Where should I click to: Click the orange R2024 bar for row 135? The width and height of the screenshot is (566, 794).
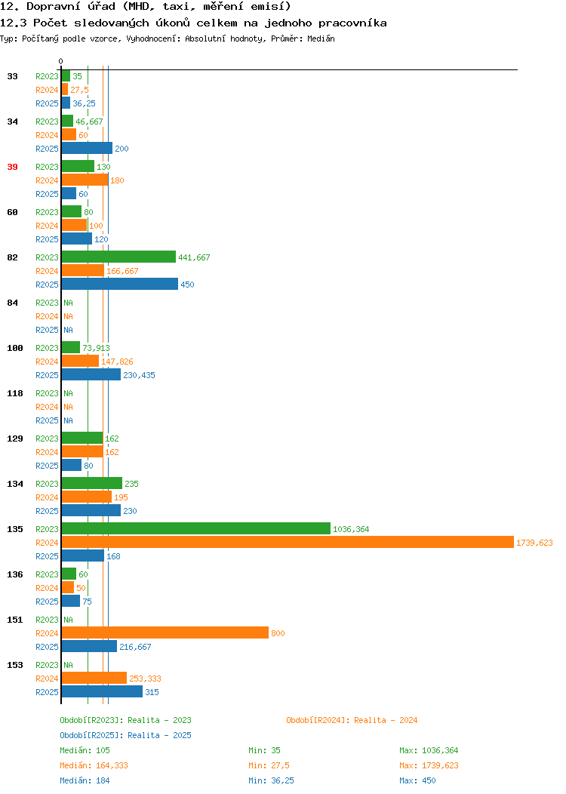(x=288, y=543)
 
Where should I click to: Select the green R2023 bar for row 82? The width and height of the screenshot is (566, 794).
(x=118, y=257)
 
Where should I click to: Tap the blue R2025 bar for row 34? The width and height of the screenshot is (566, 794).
(x=87, y=149)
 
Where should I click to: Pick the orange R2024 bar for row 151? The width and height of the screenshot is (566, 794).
(x=165, y=633)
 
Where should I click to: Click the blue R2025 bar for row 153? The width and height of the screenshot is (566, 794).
(x=103, y=691)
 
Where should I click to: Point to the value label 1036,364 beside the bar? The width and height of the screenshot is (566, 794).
(x=351, y=529)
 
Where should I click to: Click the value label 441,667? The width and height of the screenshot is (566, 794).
(x=194, y=257)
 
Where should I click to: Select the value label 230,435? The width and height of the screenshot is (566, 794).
(x=139, y=375)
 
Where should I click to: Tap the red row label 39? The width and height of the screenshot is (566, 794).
(x=12, y=167)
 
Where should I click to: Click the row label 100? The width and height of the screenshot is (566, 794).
(x=14, y=349)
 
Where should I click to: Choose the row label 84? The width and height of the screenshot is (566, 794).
(x=12, y=303)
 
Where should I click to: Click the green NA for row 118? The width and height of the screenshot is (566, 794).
(x=69, y=393)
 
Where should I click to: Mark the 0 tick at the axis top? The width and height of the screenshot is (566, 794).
(x=61, y=61)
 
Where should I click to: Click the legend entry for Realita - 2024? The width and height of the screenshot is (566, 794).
(x=352, y=720)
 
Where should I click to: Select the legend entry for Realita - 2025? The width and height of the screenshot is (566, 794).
(x=125, y=735)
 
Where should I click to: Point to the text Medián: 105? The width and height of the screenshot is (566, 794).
(x=85, y=750)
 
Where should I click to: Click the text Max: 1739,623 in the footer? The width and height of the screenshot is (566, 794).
(x=429, y=765)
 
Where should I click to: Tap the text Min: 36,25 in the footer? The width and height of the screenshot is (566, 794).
(x=271, y=781)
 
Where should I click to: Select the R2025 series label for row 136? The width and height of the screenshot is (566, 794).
(x=47, y=602)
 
